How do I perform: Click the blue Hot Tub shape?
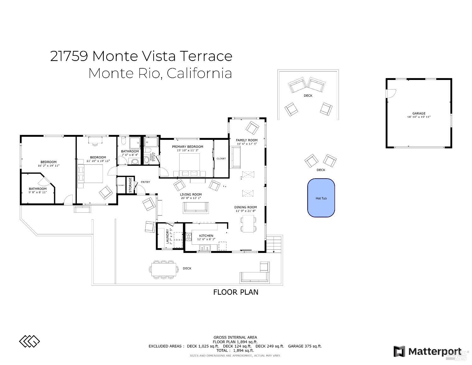[321, 198]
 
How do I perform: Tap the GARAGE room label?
[419, 113]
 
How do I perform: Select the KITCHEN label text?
[206, 236]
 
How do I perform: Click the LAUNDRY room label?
[167, 236]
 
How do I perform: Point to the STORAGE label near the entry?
[130, 185]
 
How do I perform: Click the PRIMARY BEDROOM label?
[188, 146]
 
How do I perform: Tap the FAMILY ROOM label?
[247, 140]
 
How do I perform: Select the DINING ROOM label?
[245, 207]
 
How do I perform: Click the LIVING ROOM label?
[191, 195]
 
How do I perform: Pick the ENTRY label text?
[145, 182]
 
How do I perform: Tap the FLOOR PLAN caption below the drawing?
[236, 292]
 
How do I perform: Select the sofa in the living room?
[196, 208]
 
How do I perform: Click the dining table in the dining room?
[248, 223]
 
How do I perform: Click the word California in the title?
[199, 73]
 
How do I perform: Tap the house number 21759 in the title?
[69, 56]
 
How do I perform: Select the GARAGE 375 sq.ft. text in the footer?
[305, 346]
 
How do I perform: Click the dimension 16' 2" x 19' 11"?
[48, 166]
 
